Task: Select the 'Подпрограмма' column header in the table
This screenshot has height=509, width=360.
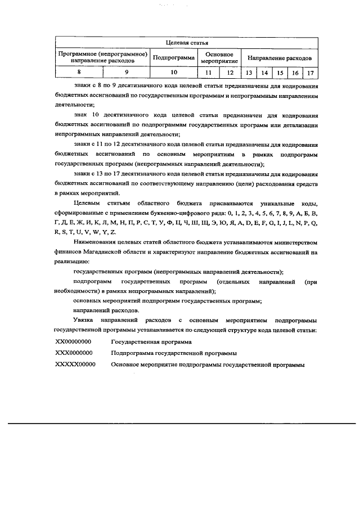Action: point(174,57)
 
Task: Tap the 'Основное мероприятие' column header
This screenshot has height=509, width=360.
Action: point(218,57)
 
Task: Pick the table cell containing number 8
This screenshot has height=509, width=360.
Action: point(79,73)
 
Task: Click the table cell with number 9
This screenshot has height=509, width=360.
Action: point(127,73)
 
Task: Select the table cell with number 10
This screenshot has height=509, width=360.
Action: point(174,73)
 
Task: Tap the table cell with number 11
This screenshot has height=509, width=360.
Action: point(208,73)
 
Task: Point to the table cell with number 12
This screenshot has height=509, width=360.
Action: point(229,73)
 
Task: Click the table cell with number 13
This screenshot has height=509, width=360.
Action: point(247,73)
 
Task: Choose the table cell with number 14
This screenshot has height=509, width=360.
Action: point(263,73)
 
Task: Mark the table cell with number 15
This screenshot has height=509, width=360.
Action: point(279,73)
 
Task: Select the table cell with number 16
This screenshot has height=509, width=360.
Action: point(295,73)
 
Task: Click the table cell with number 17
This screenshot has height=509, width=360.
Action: point(310,73)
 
